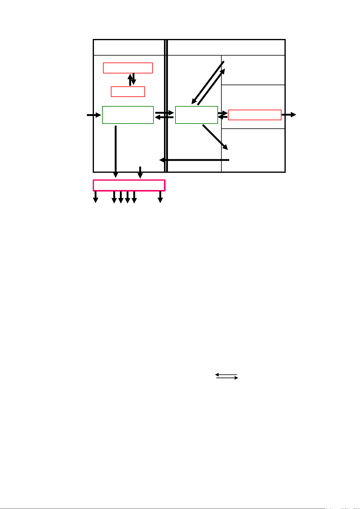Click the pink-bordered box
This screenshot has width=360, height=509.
pos(129,185)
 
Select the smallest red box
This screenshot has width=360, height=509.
pos(128,92)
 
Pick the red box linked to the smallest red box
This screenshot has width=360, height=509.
pos(128,68)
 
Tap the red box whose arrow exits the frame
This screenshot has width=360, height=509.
pos(255,115)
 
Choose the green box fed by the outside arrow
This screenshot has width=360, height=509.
pos(128,115)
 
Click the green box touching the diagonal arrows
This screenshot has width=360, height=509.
pos(196,115)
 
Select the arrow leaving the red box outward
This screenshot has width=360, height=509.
pos(289,115)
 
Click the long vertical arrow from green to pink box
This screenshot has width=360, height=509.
pos(116,151)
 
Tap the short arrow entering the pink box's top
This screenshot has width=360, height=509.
pos(140,172)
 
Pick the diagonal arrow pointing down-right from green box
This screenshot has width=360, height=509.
pos(215,137)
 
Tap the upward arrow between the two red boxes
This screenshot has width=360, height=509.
pos(130,80)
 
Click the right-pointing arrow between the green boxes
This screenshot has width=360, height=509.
pos(164,113)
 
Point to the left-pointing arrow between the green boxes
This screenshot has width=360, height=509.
pos(164,117)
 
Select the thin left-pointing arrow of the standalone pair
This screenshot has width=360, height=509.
pos(226,375)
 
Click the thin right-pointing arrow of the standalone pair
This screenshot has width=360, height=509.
pos(227,378)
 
